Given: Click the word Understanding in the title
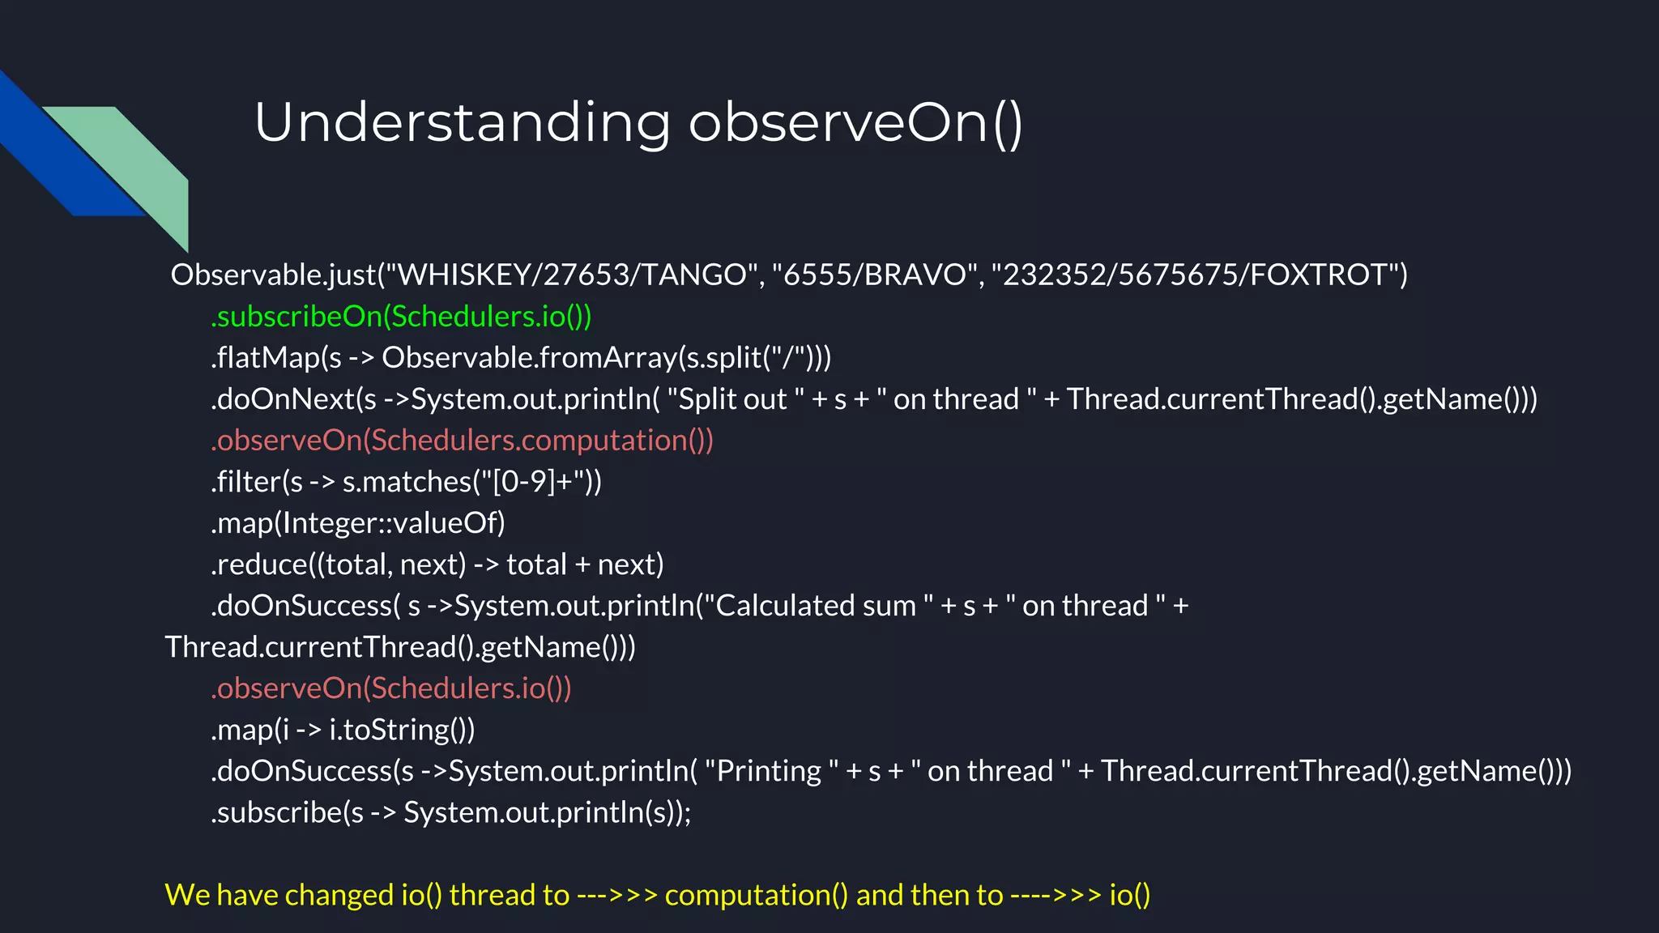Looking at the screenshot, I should (462, 123).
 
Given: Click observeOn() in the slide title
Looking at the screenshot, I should (855, 123).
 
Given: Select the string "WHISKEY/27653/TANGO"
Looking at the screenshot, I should (572, 275).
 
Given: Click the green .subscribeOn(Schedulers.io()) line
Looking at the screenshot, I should (401, 317).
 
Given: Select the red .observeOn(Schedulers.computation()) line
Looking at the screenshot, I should (462, 441).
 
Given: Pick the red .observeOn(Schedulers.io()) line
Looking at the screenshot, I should (391, 688).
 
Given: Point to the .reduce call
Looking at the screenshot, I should (259, 564).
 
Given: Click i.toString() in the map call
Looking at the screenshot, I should (401, 730).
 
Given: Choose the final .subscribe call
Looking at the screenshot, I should (275, 812).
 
